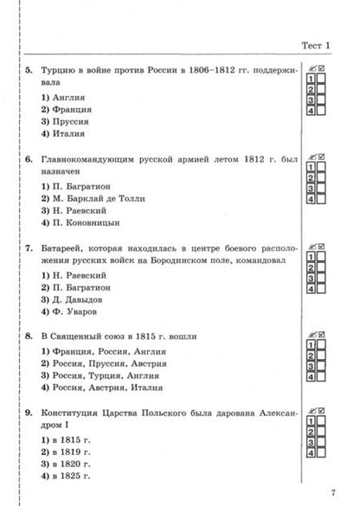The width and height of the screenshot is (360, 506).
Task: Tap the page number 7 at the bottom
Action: pos(331,493)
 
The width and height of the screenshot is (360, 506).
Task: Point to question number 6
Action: pos(29,160)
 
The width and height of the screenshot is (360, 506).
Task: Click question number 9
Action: pos(29,413)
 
